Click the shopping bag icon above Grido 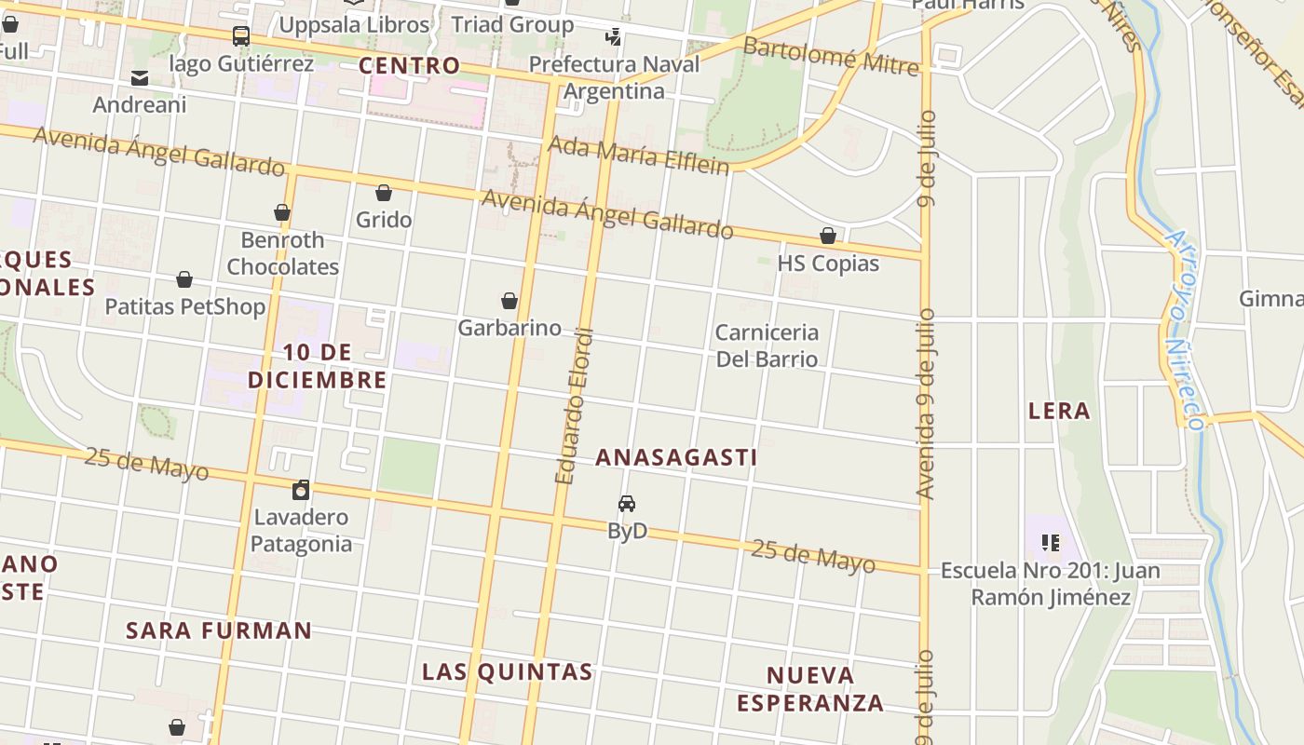click(383, 193)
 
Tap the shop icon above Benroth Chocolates click(282, 212)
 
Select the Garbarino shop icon click(509, 301)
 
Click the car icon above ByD click(627, 504)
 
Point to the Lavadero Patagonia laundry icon click(301, 490)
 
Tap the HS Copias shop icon click(828, 236)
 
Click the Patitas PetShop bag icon click(184, 279)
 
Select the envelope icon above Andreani click(140, 78)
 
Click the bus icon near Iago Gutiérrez click(240, 36)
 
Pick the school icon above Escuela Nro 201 click(1051, 542)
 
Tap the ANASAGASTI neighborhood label click(676, 457)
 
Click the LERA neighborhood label click(1059, 411)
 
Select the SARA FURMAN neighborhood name click(219, 630)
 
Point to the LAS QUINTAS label click(508, 671)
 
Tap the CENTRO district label click(410, 65)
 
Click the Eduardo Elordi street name click(574, 405)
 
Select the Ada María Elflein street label click(638, 156)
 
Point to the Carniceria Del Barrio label click(767, 345)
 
